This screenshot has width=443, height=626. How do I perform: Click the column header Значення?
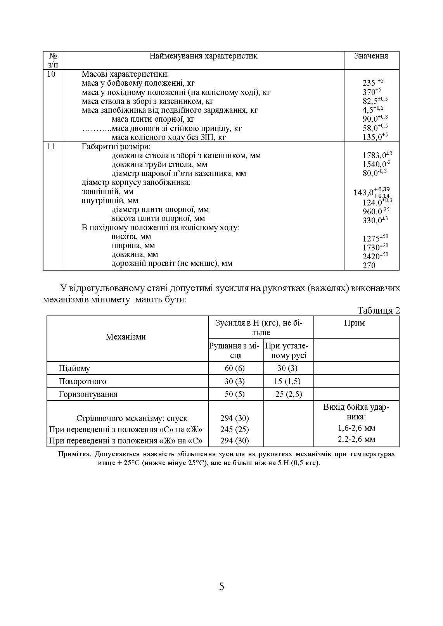(371, 56)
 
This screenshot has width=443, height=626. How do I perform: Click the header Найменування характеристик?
(203, 56)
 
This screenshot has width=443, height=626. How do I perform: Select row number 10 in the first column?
(51, 74)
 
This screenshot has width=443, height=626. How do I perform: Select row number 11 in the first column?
(51, 147)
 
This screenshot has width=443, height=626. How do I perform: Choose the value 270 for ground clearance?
(369, 266)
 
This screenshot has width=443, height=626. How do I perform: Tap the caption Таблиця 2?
(378, 310)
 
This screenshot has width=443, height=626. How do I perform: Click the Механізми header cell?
(126, 337)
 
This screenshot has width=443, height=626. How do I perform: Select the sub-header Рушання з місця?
(235, 350)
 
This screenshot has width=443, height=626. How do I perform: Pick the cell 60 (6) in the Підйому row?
(235, 368)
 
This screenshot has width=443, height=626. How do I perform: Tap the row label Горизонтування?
(88, 394)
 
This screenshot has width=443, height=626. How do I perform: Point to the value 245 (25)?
(235, 429)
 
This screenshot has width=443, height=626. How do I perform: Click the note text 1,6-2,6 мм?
(356, 428)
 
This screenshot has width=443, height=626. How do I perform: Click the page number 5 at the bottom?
(221, 587)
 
